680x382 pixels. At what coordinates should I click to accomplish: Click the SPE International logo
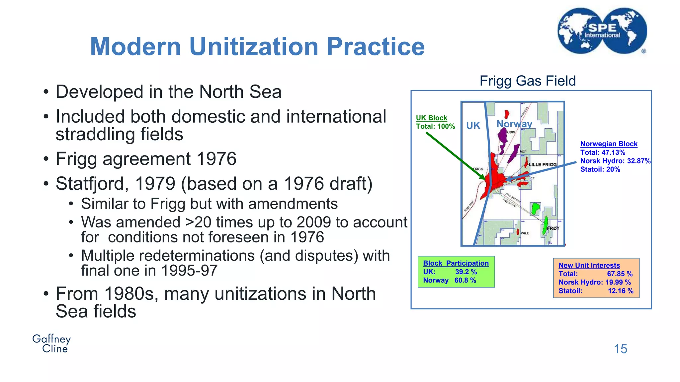(x=602, y=31)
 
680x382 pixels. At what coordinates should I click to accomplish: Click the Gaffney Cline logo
(x=52, y=344)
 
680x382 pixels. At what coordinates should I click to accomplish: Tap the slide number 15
(x=620, y=349)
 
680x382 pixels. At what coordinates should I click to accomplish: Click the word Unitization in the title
(x=254, y=46)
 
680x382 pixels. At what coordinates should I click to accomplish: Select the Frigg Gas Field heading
(x=528, y=81)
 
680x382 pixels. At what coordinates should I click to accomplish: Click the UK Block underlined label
(x=431, y=118)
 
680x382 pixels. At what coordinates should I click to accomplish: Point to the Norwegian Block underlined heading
(x=609, y=144)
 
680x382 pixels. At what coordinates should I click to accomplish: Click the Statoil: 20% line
(x=600, y=169)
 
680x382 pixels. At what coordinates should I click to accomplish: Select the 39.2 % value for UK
(x=466, y=272)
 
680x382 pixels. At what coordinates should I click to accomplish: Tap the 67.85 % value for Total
(x=620, y=274)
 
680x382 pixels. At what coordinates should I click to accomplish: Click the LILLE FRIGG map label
(x=543, y=164)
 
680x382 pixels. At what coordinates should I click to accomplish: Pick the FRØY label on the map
(x=553, y=228)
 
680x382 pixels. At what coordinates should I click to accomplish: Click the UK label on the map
(x=473, y=125)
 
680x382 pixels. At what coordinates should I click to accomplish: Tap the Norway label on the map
(x=514, y=124)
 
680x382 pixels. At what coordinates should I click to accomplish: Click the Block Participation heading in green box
(x=456, y=263)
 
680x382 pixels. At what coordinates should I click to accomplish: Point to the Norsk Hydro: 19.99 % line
(x=594, y=283)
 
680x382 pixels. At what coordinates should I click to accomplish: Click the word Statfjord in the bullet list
(x=91, y=184)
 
